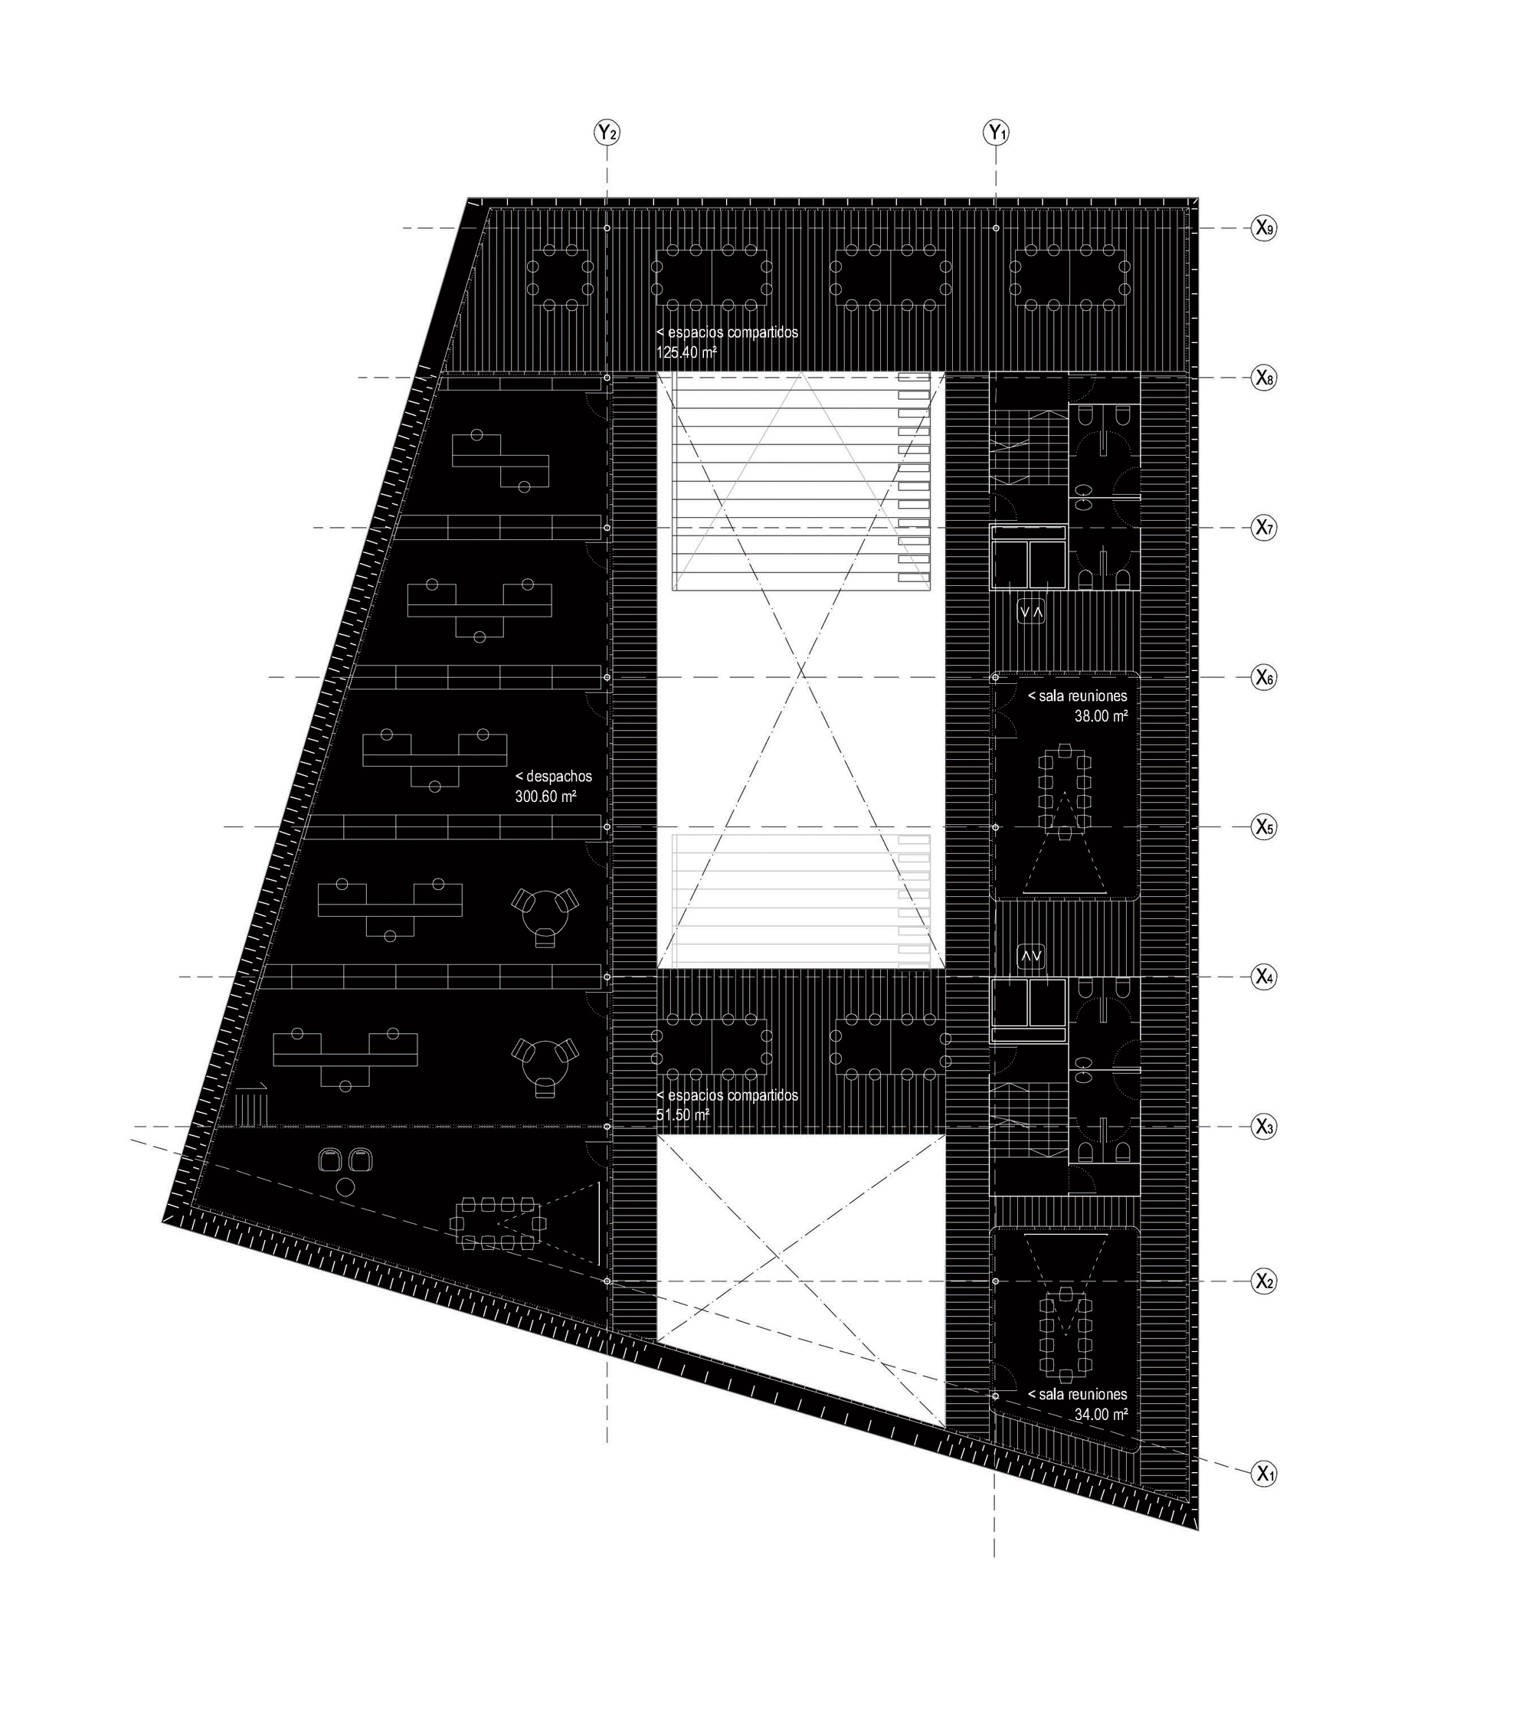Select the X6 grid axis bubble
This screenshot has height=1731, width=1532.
(x=1265, y=678)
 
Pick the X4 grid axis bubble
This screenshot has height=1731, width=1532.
(x=1265, y=977)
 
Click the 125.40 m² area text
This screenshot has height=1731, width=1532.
(x=687, y=352)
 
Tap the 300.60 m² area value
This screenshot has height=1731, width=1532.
(x=545, y=796)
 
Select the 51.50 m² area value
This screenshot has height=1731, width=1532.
(x=683, y=1115)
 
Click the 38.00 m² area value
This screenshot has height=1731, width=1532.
(x=1101, y=715)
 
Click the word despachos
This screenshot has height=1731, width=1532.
(x=559, y=777)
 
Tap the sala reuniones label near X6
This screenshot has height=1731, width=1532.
(x=1077, y=696)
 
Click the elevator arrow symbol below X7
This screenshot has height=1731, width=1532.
(x=1032, y=611)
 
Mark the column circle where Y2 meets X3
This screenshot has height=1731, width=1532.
(x=607, y=1127)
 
